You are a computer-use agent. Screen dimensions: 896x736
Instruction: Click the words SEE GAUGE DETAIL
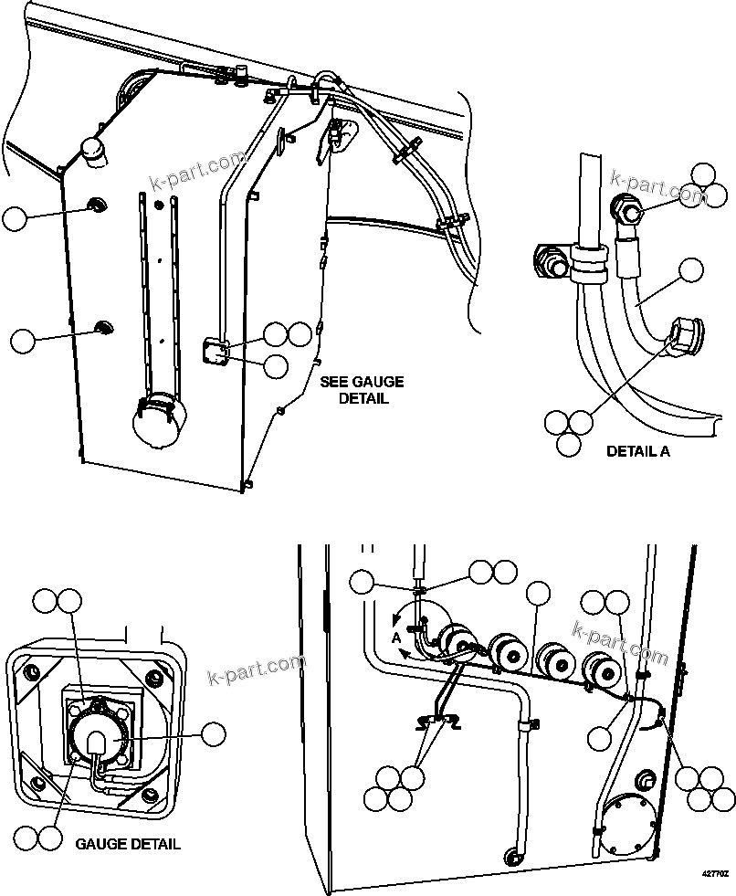tap(362, 390)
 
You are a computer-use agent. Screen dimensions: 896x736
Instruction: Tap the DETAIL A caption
tap(638, 451)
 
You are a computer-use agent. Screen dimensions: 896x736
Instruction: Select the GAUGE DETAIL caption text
tap(128, 843)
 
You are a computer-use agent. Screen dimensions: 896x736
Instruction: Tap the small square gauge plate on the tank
tap(216, 351)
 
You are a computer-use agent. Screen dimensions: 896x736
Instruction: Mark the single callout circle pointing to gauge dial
tap(214, 733)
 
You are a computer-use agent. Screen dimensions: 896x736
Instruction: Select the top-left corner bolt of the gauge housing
tap(35, 673)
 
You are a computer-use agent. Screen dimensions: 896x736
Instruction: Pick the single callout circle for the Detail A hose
tap(692, 269)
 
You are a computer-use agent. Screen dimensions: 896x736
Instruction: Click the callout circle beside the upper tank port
tap(15, 218)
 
